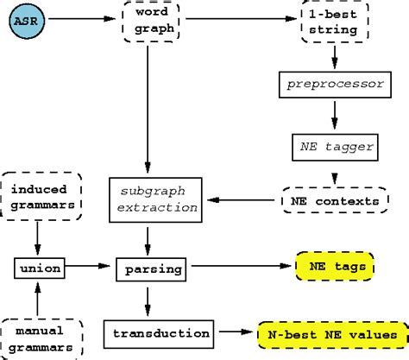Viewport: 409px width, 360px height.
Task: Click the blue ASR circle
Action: tap(27, 19)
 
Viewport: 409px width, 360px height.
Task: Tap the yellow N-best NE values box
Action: tap(332, 332)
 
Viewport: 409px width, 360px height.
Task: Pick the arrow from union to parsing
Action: tap(91, 268)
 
